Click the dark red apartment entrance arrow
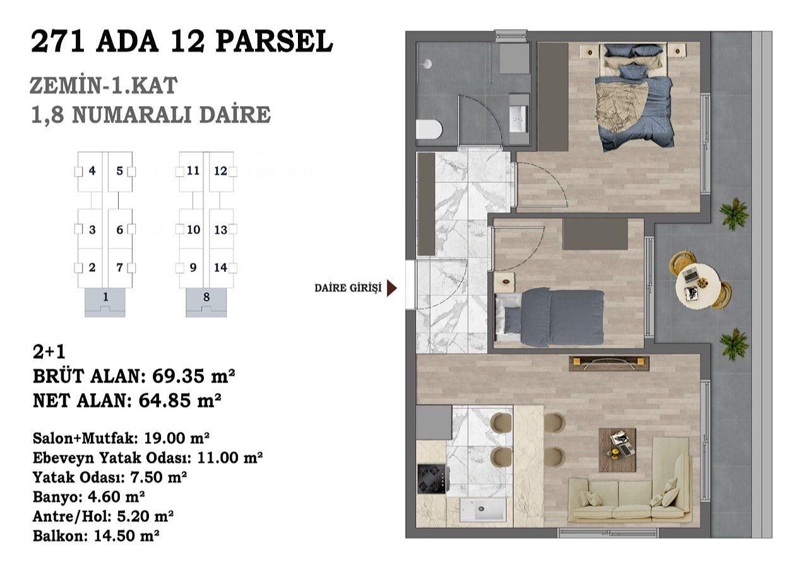click(392, 288)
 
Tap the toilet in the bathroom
click(429, 130)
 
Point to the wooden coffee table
click(617, 450)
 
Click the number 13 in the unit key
click(220, 230)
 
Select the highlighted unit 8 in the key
click(206, 302)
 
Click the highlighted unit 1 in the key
click(105, 302)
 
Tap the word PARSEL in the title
click(274, 42)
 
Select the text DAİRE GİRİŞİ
click(348, 288)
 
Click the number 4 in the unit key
click(92, 170)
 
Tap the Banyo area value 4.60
click(102, 497)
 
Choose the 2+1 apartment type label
click(49, 352)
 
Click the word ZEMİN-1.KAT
click(104, 85)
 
